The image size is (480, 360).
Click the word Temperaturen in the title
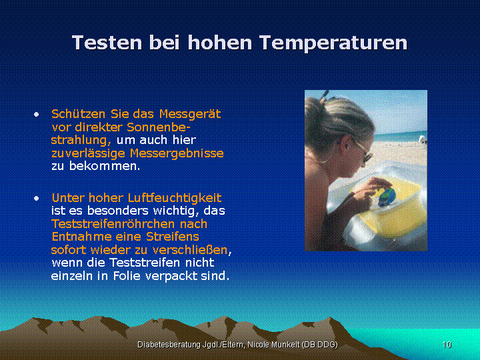pyautogui.click(x=335, y=43)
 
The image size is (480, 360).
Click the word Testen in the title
pyautogui.click(x=107, y=42)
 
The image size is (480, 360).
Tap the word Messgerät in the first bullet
pyautogui.click(x=190, y=114)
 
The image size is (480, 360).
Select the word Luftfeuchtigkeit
pyautogui.click(x=175, y=198)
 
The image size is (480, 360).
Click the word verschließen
pyautogui.click(x=190, y=250)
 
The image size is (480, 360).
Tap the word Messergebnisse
pyautogui.click(x=177, y=153)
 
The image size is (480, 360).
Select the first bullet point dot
pyautogui.click(x=37, y=115)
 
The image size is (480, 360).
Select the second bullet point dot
pyautogui.click(x=37, y=199)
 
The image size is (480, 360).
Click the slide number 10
pyautogui.click(x=447, y=345)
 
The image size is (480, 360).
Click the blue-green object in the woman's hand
pyautogui.click(x=387, y=197)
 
